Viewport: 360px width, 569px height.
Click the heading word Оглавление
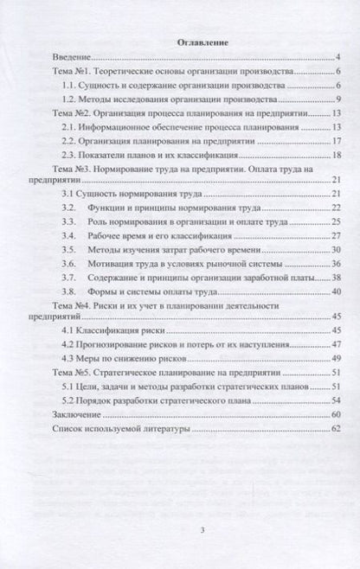point(181,41)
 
